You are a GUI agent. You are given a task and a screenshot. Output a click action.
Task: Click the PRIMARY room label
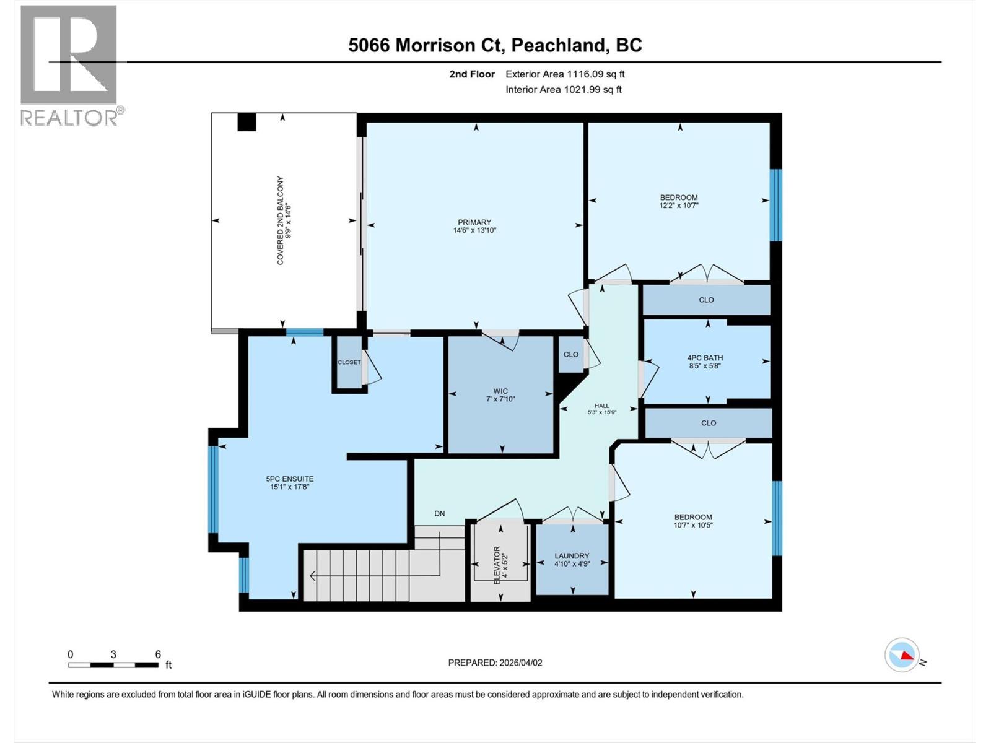coord(474,222)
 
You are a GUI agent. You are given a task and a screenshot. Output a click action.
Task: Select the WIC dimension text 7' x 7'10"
coord(500,399)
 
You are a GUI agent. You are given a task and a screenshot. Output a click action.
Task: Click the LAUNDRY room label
coord(572,556)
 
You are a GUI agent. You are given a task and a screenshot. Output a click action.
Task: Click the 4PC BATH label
coord(705,358)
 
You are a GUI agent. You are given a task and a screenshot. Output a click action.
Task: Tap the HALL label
coord(601,406)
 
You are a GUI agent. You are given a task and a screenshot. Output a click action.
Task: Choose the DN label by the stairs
coord(440,513)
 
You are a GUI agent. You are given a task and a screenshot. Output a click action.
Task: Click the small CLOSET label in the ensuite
coord(349,362)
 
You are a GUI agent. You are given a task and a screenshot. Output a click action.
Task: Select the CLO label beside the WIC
coord(570,355)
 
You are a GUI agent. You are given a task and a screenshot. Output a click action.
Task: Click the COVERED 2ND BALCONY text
coord(280,221)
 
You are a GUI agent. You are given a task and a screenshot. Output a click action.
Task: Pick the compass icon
coord(902,654)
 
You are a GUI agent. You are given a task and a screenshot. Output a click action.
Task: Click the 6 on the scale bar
coord(158,654)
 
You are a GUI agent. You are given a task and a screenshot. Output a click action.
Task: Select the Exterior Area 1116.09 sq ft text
coord(565,74)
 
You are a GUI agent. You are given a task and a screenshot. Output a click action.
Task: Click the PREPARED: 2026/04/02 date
coord(495,663)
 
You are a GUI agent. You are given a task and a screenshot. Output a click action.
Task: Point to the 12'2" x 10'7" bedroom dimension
coord(679,206)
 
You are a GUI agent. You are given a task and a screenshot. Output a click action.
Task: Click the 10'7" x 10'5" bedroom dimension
coord(693,525)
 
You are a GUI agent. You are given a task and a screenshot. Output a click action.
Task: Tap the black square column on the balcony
coord(247,121)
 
